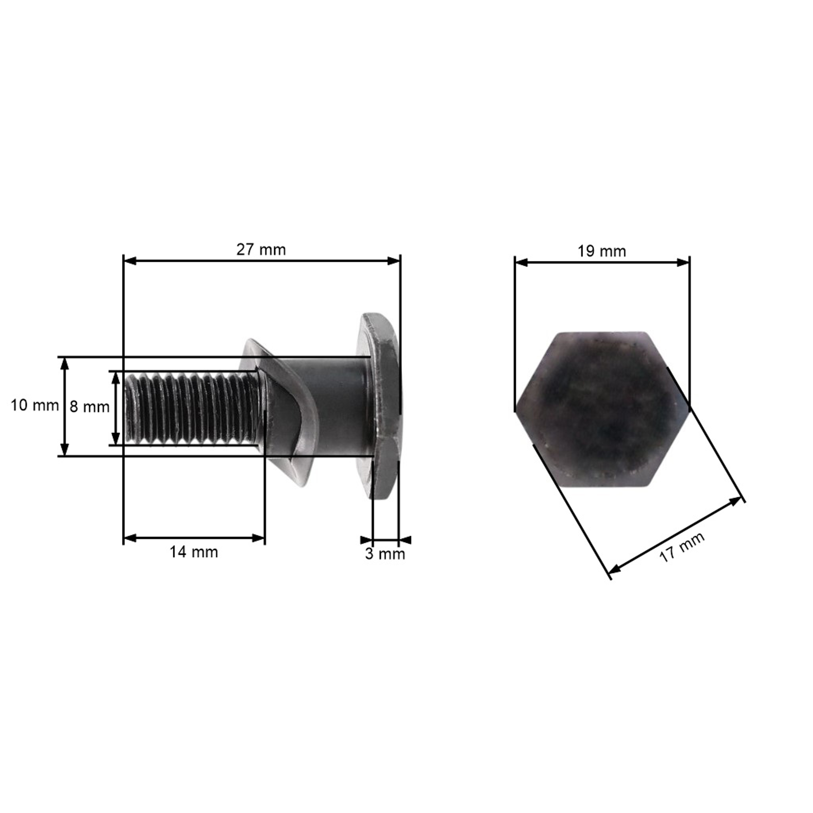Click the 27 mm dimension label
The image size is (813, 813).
(261, 250)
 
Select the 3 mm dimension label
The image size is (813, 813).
(385, 554)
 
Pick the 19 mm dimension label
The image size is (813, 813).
(602, 251)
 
